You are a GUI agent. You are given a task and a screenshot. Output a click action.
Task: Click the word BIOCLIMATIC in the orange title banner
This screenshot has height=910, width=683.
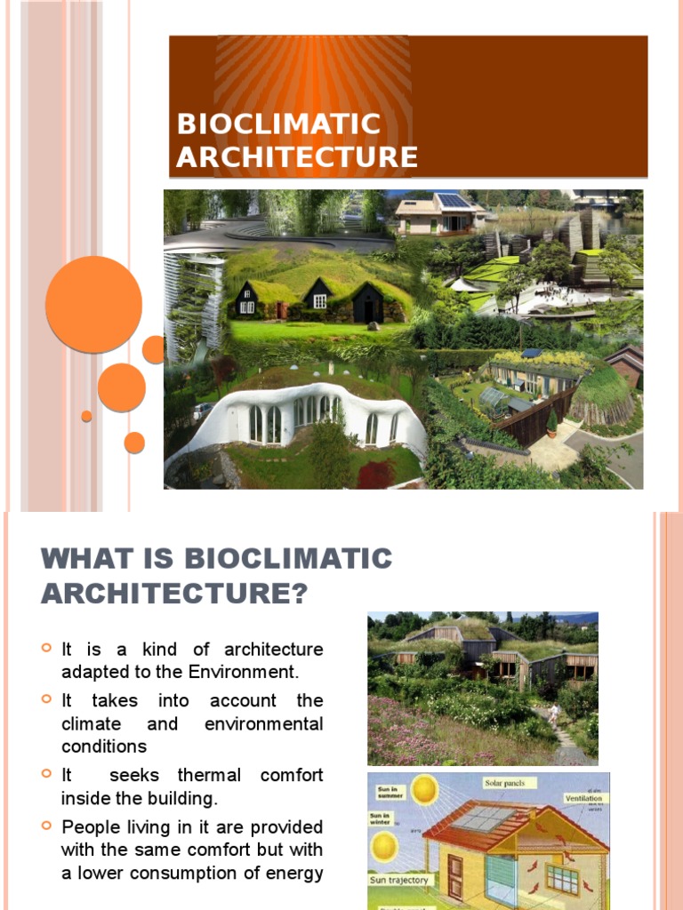[278, 124]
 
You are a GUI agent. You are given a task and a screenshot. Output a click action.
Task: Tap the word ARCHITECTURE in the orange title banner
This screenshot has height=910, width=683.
[297, 157]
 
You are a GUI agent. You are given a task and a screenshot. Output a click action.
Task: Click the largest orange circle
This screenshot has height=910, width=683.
[93, 304]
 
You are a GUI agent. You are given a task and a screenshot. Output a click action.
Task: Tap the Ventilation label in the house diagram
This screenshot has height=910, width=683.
[583, 798]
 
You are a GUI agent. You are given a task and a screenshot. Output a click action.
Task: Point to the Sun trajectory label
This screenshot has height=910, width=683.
[399, 880]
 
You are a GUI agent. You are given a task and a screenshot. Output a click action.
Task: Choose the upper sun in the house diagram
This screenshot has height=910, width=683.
[424, 788]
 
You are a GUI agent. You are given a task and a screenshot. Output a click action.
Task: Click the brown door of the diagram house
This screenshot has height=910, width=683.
[456, 876]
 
